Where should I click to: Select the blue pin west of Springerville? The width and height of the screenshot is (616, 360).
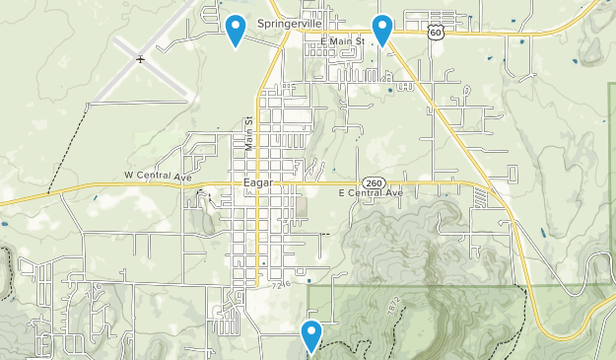[235, 30]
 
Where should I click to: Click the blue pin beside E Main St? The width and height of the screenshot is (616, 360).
[381, 30]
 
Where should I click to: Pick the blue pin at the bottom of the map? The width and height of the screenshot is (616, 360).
[312, 336]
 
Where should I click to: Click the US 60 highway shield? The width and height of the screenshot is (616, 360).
[436, 32]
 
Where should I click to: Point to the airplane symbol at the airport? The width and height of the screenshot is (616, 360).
[141, 60]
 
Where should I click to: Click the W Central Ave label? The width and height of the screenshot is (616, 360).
[158, 176]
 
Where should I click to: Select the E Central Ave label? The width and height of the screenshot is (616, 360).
[371, 193]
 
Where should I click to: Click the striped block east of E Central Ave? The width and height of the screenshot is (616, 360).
[482, 197]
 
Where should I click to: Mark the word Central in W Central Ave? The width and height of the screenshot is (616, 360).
[156, 176]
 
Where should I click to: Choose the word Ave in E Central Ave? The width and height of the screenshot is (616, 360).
[395, 193]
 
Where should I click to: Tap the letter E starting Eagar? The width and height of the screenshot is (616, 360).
[244, 182]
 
